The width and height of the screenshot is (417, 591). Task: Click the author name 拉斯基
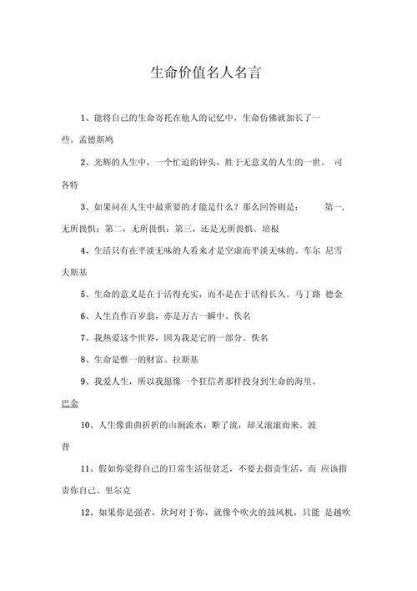tap(186, 360)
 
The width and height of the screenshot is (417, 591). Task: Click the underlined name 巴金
tap(70, 404)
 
